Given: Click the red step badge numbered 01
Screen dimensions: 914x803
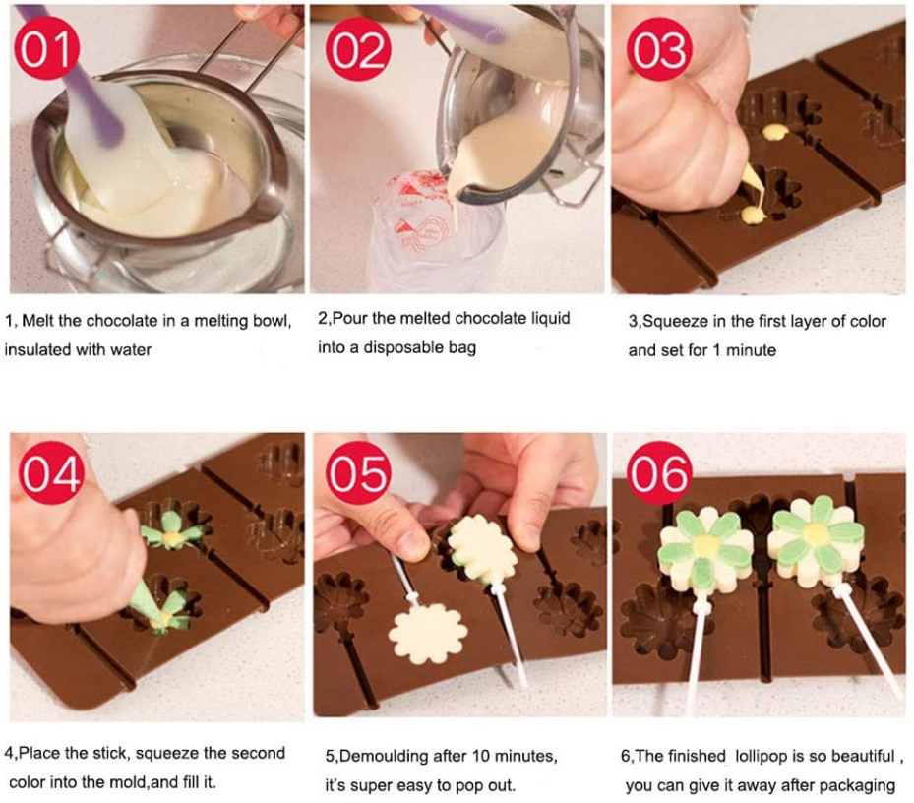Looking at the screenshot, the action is pyautogui.click(x=46, y=48).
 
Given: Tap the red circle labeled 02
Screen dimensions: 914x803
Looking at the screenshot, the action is pyautogui.click(x=358, y=49).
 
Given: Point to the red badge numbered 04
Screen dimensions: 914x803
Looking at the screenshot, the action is pyautogui.click(x=51, y=473).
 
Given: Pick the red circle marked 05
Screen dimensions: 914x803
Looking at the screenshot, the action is pyautogui.click(x=358, y=473).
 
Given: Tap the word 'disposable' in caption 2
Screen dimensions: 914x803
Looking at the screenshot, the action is pyautogui.click(x=405, y=348).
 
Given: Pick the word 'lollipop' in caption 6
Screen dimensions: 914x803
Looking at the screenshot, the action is pyautogui.click(x=762, y=757).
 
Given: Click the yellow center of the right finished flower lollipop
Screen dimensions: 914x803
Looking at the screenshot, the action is pyautogui.click(x=815, y=533).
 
